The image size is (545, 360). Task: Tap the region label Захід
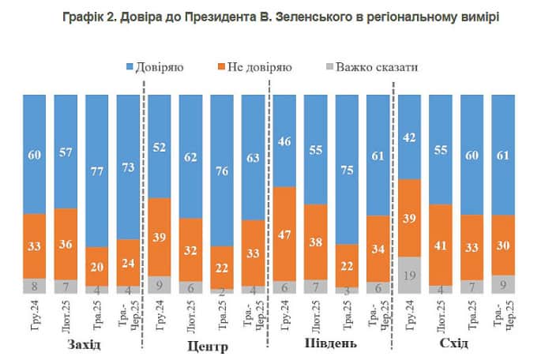[x=84, y=344]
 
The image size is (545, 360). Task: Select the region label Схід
[x=455, y=344]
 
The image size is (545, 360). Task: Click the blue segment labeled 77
[x=96, y=170]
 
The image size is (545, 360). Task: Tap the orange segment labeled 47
[x=284, y=234]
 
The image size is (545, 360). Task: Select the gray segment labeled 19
[x=409, y=275]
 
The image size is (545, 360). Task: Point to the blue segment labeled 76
[x=222, y=169]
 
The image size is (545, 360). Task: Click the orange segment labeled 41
[x=441, y=245]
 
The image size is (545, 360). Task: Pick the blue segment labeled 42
[x=409, y=137]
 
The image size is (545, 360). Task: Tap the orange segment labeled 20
[x=96, y=266]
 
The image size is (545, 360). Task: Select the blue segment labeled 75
[x=347, y=168]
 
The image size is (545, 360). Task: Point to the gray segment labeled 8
[x=34, y=286]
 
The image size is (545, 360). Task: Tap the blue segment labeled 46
[x=284, y=141]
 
